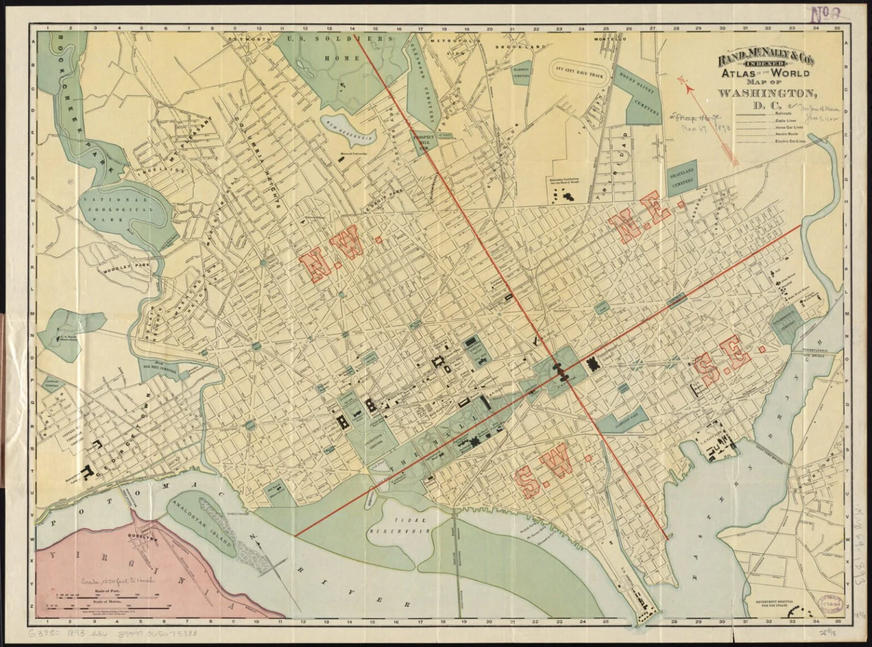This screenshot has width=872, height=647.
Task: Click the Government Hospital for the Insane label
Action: point(786,604)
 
